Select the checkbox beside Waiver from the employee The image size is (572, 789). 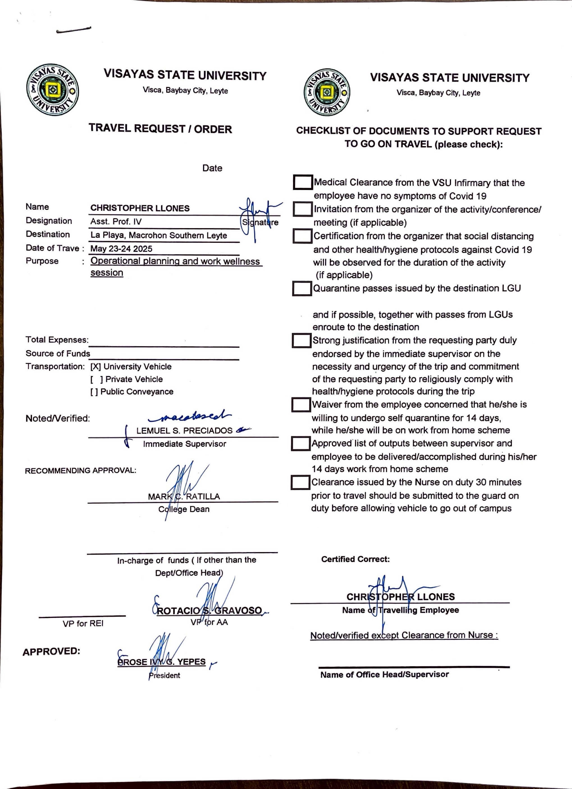click(301, 405)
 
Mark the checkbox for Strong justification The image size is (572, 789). click(301, 341)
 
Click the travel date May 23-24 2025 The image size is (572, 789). click(121, 249)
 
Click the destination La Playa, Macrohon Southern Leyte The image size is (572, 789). click(159, 235)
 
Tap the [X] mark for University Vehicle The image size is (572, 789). click(96, 367)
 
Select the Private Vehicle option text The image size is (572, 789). click(134, 379)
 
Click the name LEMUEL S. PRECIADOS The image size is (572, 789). click(184, 431)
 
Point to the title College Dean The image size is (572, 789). click(184, 509)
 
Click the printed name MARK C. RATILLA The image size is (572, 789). click(184, 496)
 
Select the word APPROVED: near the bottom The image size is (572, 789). click(51, 651)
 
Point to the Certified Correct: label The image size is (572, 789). click(355, 559)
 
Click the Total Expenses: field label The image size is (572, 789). click(57, 340)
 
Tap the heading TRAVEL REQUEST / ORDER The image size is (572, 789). click(160, 129)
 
